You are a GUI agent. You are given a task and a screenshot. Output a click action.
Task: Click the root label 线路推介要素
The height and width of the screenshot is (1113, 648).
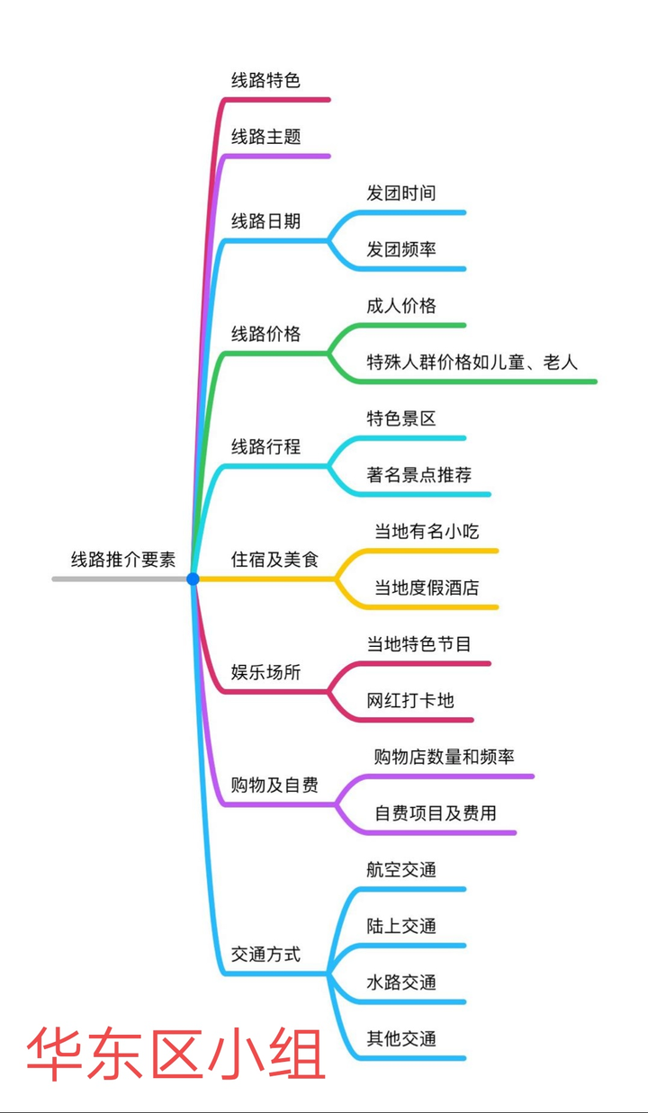coord(123,559)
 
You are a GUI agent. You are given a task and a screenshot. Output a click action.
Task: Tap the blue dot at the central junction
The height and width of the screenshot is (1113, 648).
coord(193,579)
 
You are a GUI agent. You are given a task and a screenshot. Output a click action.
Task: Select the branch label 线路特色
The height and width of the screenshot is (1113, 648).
coord(265,80)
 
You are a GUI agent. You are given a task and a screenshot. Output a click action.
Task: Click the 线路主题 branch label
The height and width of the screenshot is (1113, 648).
coord(265,137)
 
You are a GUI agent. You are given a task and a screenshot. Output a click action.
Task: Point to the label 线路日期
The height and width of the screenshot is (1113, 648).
coord(265,221)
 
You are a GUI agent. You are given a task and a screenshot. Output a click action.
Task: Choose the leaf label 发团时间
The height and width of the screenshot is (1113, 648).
coord(400,193)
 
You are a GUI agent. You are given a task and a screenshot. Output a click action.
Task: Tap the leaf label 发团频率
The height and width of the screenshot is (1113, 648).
coord(400,249)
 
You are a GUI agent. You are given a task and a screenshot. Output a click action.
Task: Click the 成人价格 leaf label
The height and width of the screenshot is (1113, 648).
coord(400,306)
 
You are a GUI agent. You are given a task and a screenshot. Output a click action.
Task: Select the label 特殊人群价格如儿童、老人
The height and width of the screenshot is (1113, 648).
coord(472,362)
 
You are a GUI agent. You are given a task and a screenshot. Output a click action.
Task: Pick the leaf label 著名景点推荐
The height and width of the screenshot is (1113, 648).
coord(418,474)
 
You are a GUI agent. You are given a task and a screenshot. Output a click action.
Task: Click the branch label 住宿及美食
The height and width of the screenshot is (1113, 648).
coord(274,559)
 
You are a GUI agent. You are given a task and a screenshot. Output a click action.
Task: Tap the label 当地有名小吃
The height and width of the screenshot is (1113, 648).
coord(427,531)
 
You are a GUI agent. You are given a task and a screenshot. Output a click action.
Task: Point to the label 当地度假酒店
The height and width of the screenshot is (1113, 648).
coord(427,588)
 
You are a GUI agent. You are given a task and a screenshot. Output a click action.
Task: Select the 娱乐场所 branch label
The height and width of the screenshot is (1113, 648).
coord(265,672)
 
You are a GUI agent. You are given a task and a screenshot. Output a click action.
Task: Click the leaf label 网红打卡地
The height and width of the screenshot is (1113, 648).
coord(409,700)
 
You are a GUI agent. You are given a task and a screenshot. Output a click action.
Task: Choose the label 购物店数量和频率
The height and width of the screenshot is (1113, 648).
coord(444,757)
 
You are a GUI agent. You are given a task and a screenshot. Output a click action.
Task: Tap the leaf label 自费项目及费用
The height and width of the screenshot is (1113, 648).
coord(435,813)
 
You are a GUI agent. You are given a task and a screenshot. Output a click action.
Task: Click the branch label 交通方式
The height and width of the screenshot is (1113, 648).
coord(265,955)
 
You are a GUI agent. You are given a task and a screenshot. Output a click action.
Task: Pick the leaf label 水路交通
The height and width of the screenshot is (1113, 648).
coord(400,983)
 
